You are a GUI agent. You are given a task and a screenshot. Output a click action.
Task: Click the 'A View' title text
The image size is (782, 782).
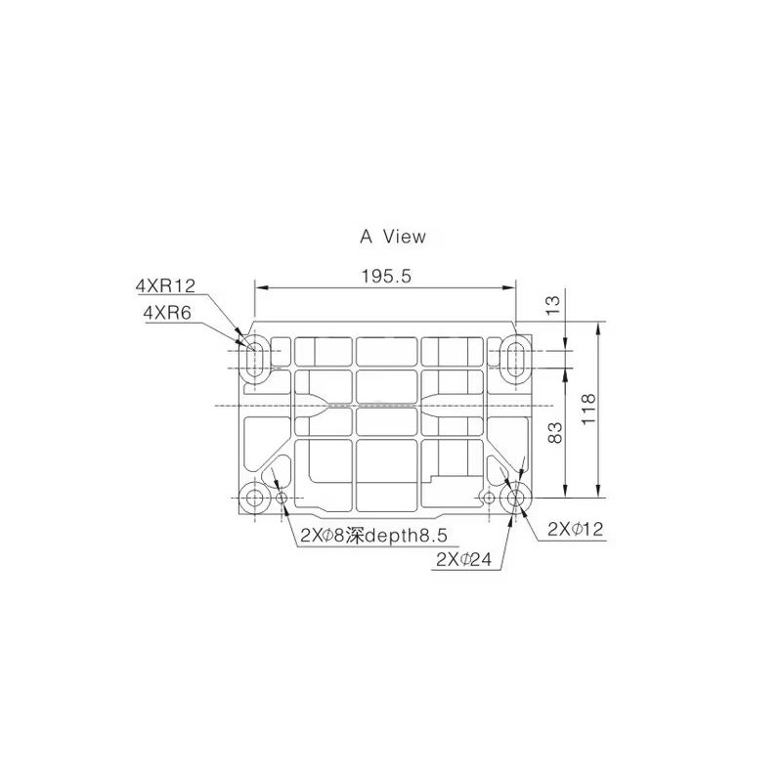393,236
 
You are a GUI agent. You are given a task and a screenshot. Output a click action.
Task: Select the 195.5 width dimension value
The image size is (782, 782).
385,276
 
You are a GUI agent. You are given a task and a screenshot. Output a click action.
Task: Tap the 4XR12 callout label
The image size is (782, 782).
166,285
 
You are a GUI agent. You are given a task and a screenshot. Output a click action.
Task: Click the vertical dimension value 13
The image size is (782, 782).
554,305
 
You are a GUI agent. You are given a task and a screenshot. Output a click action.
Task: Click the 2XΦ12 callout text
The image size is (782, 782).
576,529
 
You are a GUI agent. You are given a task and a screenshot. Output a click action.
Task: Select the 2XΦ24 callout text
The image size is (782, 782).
463,559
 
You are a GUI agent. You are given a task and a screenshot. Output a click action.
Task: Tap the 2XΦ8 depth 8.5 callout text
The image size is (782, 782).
374,535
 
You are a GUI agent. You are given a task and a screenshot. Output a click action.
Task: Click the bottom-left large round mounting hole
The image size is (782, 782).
255,499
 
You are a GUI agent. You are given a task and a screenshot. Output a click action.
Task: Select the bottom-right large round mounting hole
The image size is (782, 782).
515,499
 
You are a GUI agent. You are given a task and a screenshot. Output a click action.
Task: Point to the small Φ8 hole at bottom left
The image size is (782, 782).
283,499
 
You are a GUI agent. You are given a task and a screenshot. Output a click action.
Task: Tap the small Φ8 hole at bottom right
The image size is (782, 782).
489,499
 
